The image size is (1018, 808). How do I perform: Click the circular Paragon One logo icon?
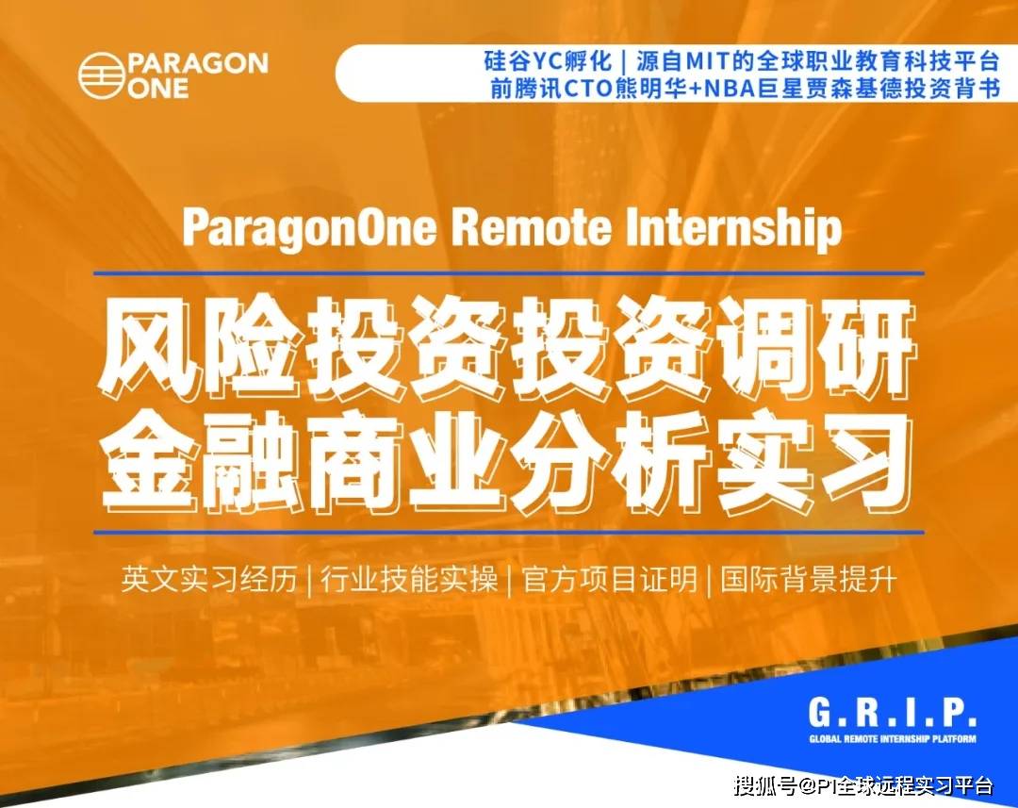pos(101,74)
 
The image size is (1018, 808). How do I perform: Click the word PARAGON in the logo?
pos(197,63)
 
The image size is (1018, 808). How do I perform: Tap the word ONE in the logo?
pos(157,88)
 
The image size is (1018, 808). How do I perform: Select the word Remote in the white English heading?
pos(531,227)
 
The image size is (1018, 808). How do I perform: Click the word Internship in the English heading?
pos(733,228)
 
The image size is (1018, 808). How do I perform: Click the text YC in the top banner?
pos(547,61)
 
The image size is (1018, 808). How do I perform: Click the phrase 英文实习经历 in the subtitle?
pos(209,579)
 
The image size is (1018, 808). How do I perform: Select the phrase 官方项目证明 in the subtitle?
pos(609,579)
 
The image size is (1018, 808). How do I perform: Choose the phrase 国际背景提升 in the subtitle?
pos(809,579)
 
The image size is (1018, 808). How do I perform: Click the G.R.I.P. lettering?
pos(892,713)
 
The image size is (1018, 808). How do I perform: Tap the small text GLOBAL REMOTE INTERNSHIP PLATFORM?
pos(892,738)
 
